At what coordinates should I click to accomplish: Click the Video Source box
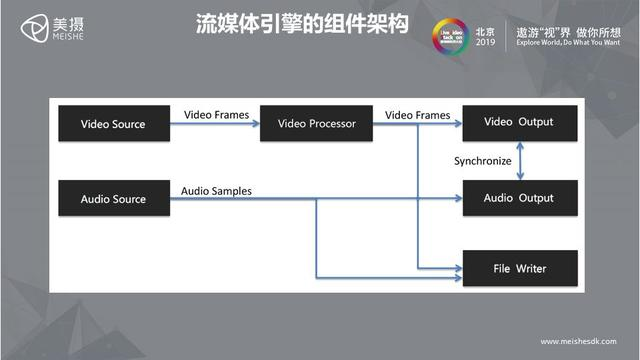tap(112, 124)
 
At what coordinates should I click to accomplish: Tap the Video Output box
tap(519, 123)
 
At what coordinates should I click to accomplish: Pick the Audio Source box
tap(112, 199)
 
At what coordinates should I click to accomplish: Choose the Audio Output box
tap(519, 198)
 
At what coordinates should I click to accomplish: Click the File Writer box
tap(519, 269)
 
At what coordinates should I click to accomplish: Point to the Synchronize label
tap(482, 160)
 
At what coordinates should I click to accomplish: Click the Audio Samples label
tap(216, 190)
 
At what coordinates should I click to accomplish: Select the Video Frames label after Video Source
tap(217, 115)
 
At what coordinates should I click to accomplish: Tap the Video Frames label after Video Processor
tap(417, 115)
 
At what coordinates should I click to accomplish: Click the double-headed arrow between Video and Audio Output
tap(519, 161)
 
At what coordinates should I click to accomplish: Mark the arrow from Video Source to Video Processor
tap(215, 125)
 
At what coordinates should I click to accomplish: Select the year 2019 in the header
tap(485, 43)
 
